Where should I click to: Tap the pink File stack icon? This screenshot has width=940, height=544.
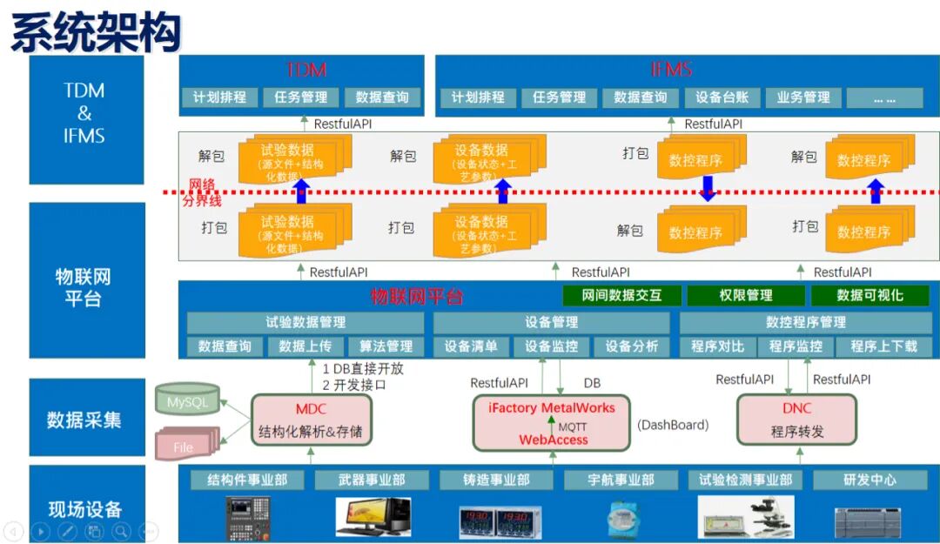pyautogui.click(x=185, y=446)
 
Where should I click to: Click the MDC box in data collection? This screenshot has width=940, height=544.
pyautogui.click(x=311, y=420)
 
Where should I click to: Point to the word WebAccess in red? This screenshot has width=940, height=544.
pyautogui.click(x=554, y=440)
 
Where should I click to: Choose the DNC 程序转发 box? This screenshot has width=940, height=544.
pyautogui.click(x=796, y=420)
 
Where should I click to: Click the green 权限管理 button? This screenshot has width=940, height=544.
pyautogui.click(x=746, y=295)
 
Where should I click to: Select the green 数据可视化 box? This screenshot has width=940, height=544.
pyautogui.click(x=869, y=295)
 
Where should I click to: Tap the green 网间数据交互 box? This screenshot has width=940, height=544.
pyautogui.click(x=621, y=295)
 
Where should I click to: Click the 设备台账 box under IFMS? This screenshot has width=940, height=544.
pyautogui.click(x=722, y=97)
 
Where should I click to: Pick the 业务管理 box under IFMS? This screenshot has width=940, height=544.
pyautogui.click(x=802, y=97)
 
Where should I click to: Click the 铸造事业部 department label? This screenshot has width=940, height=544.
pyautogui.click(x=496, y=480)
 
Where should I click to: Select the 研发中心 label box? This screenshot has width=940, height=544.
pyautogui.click(x=869, y=480)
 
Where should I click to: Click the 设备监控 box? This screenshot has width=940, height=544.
pyautogui.click(x=551, y=346)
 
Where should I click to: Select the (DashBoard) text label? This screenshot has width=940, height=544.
pyautogui.click(x=673, y=425)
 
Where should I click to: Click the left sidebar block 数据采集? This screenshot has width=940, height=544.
pyautogui.click(x=84, y=420)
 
